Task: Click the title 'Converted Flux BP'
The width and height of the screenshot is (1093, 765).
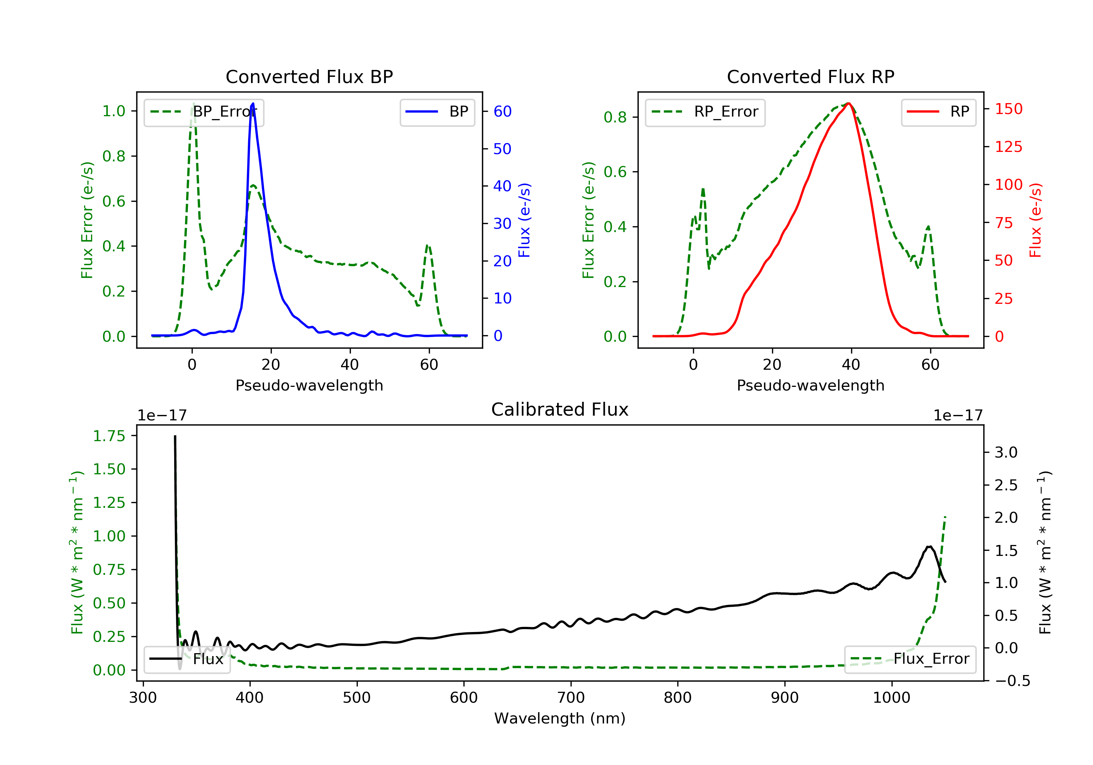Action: click(x=309, y=76)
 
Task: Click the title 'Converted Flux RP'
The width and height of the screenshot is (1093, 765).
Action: click(x=810, y=76)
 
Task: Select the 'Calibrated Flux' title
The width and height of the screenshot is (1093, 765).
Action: click(x=560, y=409)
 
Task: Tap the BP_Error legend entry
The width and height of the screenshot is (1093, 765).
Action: click(x=204, y=112)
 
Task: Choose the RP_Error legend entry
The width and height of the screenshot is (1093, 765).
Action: click(x=705, y=112)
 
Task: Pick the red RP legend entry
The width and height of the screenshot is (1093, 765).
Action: click(x=938, y=112)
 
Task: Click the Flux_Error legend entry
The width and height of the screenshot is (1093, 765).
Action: click(x=910, y=659)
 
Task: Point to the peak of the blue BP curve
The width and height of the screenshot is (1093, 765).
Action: click(x=253, y=103)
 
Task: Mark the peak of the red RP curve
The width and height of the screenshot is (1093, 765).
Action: click(x=848, y=103)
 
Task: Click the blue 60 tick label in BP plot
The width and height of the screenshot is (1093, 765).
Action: click(x=502, y=111)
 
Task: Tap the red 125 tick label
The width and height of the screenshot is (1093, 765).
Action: click(x=1008, y=146)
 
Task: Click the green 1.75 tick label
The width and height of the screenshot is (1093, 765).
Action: click(x=109, y=436)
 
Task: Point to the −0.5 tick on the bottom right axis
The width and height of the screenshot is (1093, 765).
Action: click(x=1012, y=681)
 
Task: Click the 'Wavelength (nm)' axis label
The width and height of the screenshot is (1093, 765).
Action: click(x=560, y=718)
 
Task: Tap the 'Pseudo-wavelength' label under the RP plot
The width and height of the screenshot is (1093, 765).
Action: click(x=810, y=385)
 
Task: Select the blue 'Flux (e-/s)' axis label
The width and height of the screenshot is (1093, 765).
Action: click(x=524, y=220)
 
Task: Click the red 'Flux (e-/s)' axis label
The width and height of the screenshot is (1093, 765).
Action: click(x=1035, y=220)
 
